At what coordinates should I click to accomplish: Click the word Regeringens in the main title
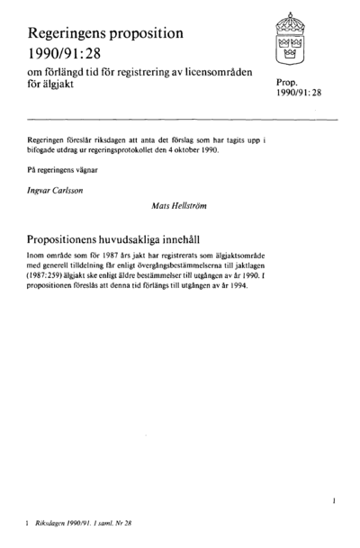(74, 32)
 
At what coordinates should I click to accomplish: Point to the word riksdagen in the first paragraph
(126, 142)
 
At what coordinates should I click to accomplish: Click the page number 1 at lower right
(335, 496)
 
